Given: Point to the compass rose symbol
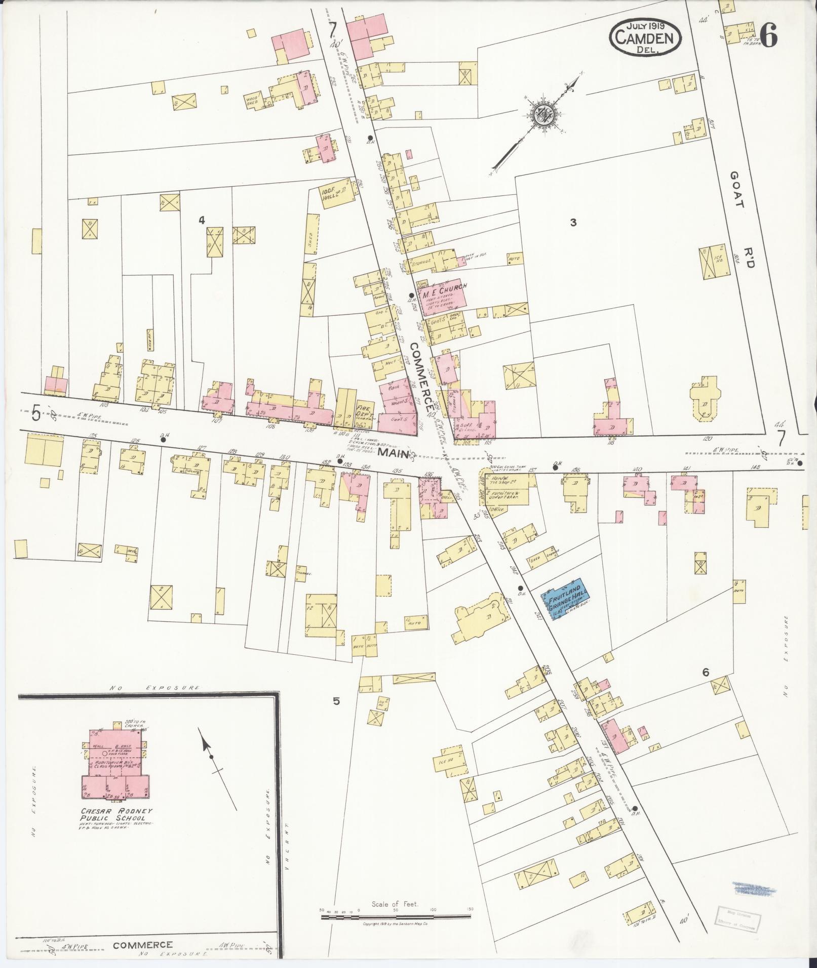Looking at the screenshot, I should [x=541, y=115].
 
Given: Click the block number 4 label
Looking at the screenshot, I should [x=202, y=220].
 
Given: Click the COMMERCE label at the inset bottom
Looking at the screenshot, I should [x=142, y=945].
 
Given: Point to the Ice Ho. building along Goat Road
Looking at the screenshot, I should [x=715, y=262].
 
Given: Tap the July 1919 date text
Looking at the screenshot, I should [x=645, y=24].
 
